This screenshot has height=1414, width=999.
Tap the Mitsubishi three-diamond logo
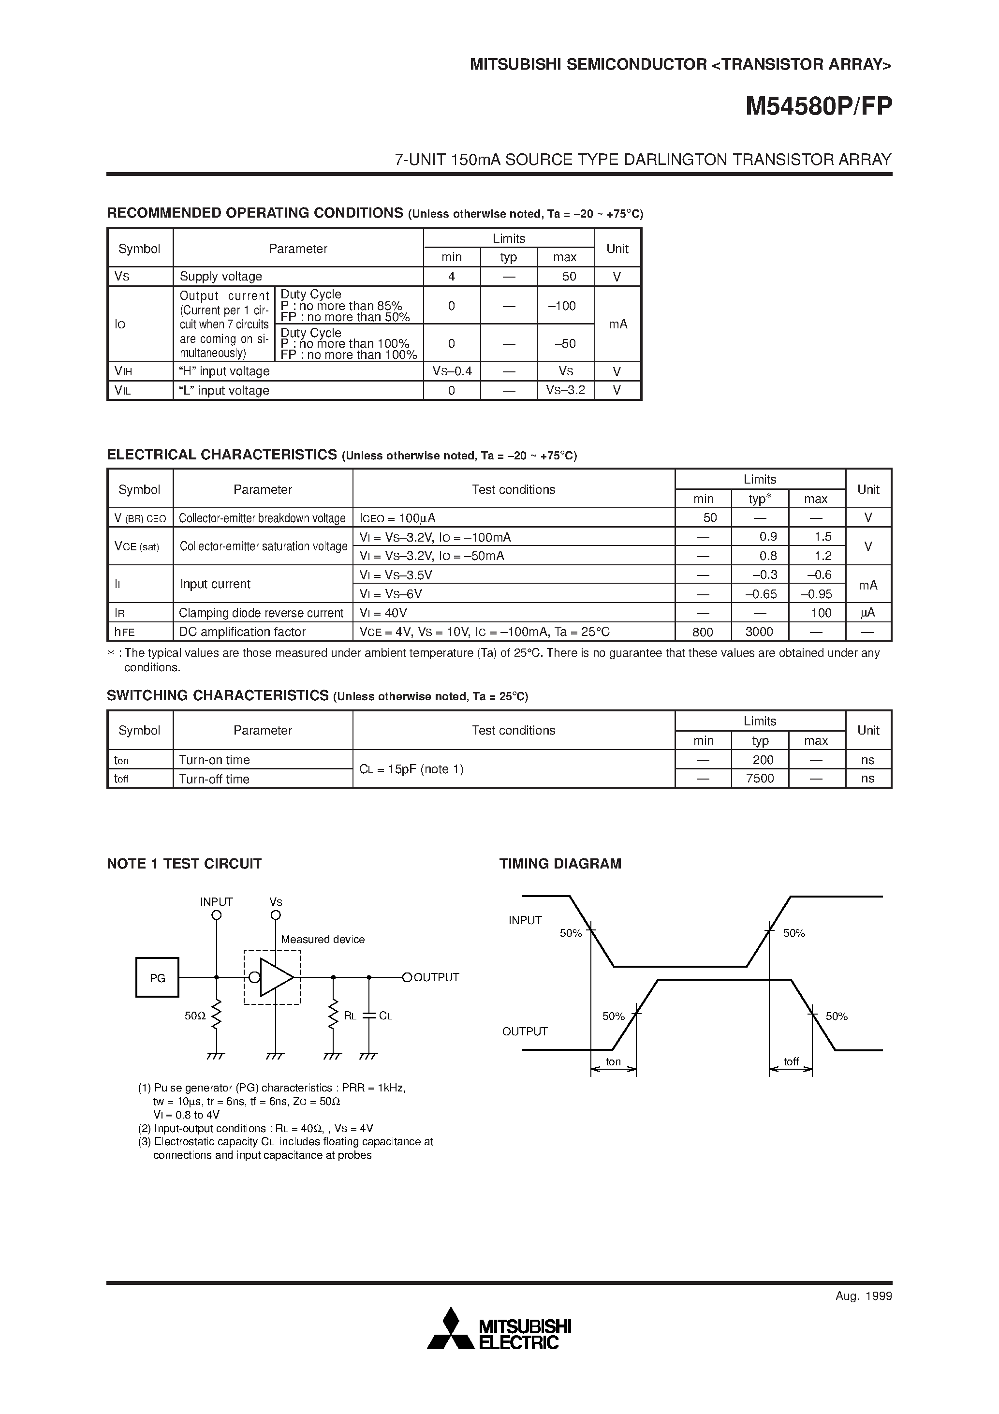tap(452, 1337)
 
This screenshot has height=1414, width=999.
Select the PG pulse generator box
tap(157, 977)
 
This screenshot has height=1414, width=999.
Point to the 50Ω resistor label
tap(195, 1016)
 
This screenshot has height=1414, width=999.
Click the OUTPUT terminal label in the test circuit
tap(436, 977)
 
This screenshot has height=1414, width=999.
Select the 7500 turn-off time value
tap(760, 779)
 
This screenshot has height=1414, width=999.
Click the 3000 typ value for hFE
tap(760, 632)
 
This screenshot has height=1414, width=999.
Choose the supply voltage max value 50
tap(569, 277)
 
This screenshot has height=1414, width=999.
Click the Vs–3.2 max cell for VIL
tap(565, 390)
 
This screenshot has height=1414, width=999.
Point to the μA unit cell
tap(868, 613)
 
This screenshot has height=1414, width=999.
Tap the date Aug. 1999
tap(864, 1296)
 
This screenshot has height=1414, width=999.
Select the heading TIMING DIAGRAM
tap(560, 863)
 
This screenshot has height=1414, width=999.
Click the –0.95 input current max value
tap(816, 594)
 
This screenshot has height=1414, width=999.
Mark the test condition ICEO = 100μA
tap(397, 518)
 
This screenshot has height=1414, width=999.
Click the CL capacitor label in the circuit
tap(385, 1016)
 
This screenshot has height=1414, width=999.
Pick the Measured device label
tap(323, 939)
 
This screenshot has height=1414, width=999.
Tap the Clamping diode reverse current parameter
tap(261, 613)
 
